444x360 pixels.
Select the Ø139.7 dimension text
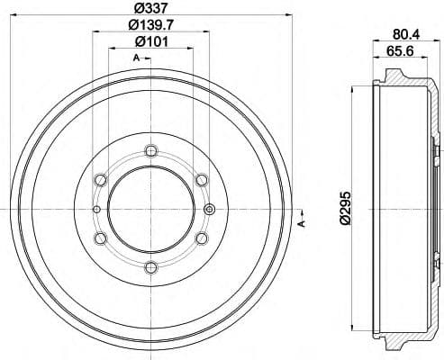point(150,25)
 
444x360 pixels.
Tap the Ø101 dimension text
point(150,41)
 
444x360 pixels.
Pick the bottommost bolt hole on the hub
point(150,266)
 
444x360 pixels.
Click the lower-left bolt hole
point(101,238)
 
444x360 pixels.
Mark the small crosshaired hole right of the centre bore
point(210,209)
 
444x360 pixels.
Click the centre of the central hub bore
point(150,209)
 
